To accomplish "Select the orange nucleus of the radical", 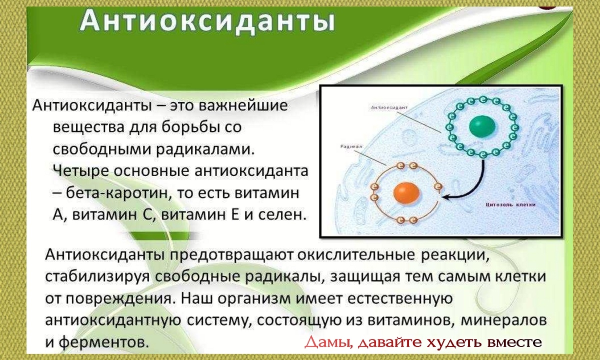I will pyautogui.click(x=406, y=193).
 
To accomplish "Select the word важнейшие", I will pyautogui.click(x=242, y=106).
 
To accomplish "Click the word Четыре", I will pyautogui.click(x=80, y=171).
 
